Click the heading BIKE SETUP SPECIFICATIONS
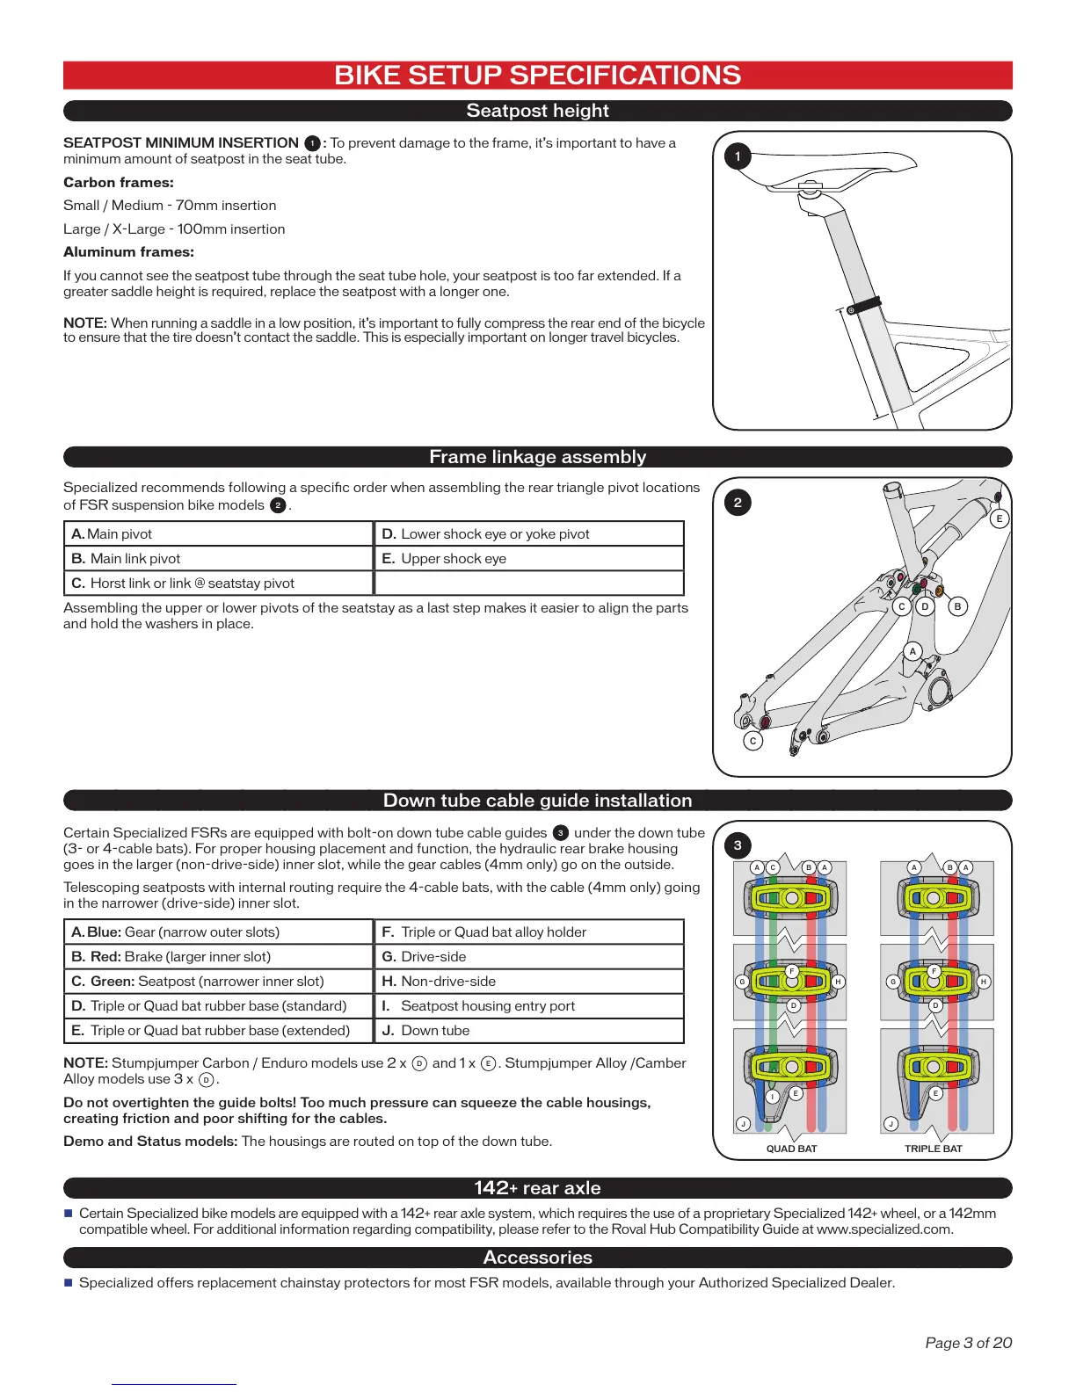click(x=537, y=76)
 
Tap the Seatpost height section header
click(x=537, y=111)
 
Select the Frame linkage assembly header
click(x=537, y=457)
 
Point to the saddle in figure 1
click(x=826, y=168)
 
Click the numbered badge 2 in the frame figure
click(x=738, y=503)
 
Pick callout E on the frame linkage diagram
click(x=999, y=518)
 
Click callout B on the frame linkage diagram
click(x=957, y=606)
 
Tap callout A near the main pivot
click(x=912, y=651)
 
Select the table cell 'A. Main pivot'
click(x=219, y=534)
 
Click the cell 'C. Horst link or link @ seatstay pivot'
click(x=219, y=584)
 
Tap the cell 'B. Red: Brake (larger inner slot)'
click(x=219, y=957)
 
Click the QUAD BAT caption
click(x=791, y=1149)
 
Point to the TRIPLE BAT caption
click(x=933, y=1149)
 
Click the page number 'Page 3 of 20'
click(x=968, y=1343)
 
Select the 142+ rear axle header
click(x=537, y=1188)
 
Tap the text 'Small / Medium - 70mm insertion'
click(x=170, y=206)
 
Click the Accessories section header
click(x=537, y=1258)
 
